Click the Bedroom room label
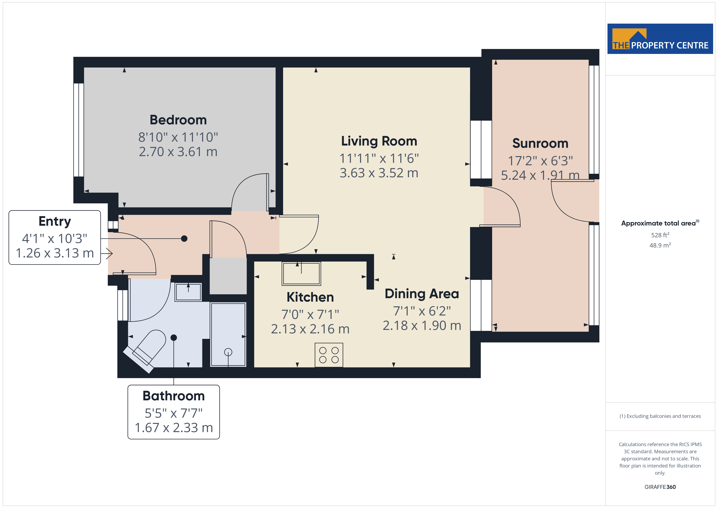178,120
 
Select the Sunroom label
540,143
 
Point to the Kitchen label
310,297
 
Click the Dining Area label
422,294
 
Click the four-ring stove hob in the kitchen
329,355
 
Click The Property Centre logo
660,39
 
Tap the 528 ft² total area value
660,235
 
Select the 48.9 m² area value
660,245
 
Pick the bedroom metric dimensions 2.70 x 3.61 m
178,152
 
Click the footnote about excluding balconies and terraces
660,416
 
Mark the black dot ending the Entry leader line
184,239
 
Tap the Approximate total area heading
660,223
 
